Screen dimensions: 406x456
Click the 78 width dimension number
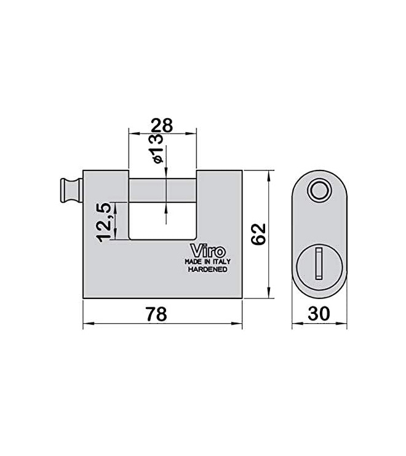coord(157,314)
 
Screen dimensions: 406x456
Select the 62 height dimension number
coord(258,234)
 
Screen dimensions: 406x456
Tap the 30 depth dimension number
coord(319,313)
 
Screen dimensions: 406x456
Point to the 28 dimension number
coord(162,126)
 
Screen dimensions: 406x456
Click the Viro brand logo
coord(207,250)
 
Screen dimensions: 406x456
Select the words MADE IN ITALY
coord(207,262)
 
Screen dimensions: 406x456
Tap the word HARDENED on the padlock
coord(207,270)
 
